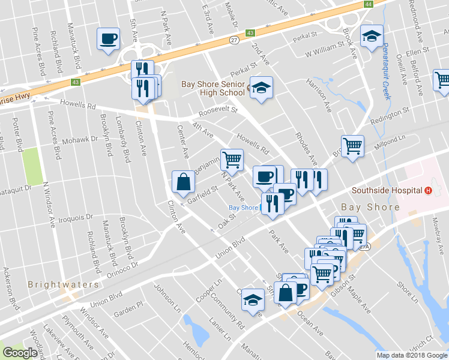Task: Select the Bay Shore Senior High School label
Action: [213, 89]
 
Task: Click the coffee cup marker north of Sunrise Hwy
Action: [109, 39]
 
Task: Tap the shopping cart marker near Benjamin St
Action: [232, 160]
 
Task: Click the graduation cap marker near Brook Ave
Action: [372, 36]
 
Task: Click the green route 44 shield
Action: [367, 4]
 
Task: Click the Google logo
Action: [20, 353]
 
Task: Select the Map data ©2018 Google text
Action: [412, 355]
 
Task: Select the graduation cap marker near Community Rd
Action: [253, 299]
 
